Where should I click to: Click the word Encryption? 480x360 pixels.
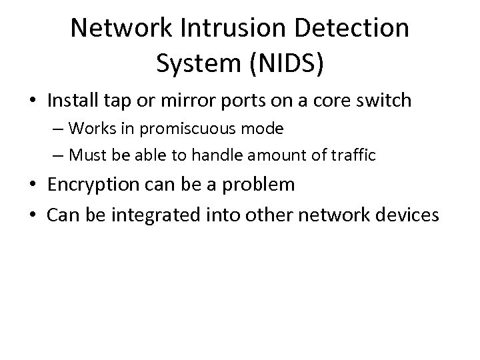[x=99, y=185]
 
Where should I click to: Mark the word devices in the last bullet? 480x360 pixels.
[x=403, y=215]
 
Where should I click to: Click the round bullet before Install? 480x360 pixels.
[x=33, y=101]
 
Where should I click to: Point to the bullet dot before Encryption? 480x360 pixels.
[x=33, y=185]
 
